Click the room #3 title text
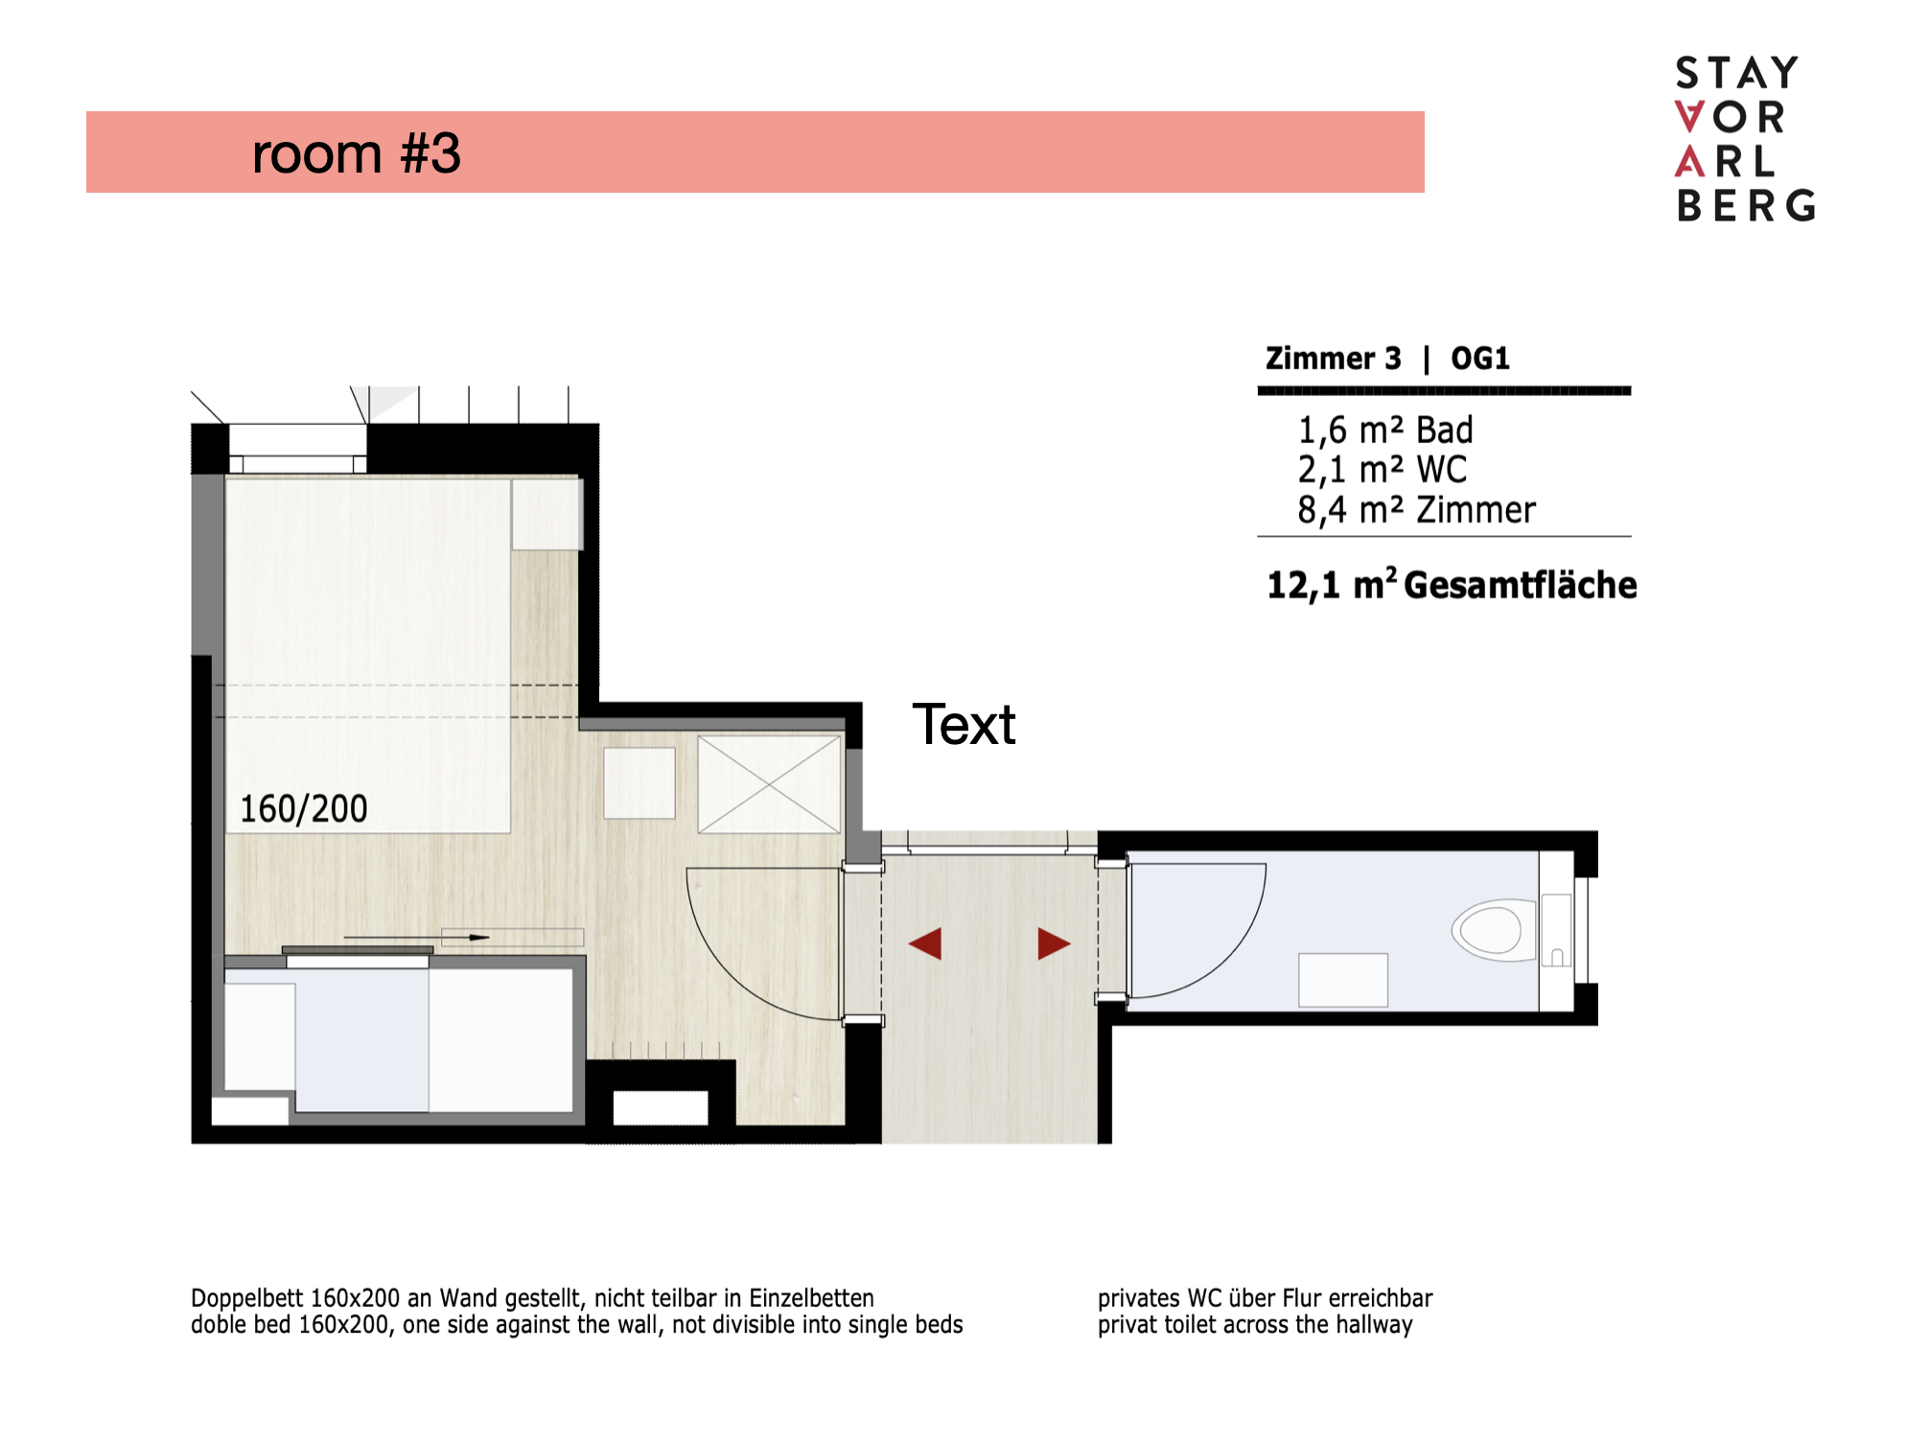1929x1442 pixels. click(x=356, y=153)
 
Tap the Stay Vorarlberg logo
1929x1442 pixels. click(x=1745, y=139)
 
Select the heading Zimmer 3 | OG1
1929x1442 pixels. click(x=1387, y=359)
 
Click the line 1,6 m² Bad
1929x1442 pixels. click(x=1384, y=430)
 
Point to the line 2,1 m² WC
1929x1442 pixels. click(x=1382, y=470)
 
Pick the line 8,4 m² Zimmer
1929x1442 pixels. click(x=1416, y=510)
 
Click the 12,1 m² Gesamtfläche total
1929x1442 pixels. click(x=1452, y=585)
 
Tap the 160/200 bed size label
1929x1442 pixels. click(x=303, y=809)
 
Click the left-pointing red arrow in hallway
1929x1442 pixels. click(x=925, y=943)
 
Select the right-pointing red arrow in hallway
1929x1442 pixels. click(x=1054, y=943)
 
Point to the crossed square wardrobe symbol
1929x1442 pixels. click(x=769, y=784)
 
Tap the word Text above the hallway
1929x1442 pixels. click(x=964, y=725)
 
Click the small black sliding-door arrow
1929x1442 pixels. click(x=416, y=937)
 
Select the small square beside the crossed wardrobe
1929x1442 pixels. click(x=639, y=783)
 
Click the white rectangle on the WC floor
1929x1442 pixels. click(x=1343, y=980)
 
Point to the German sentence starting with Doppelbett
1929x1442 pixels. click(x=532, y=1298)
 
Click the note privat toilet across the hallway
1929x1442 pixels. click(x=1255, y=1325)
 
